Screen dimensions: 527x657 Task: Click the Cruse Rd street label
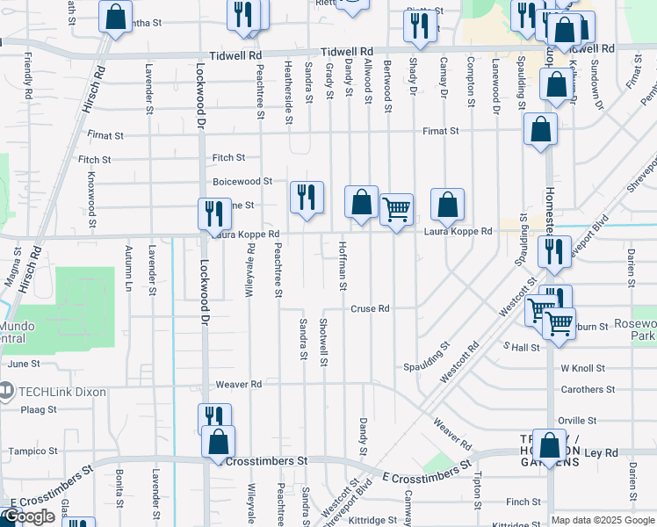coord(370,309)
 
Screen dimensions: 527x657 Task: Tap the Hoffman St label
coord(343,267)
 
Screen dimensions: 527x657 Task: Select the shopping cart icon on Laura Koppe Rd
coord(397,210)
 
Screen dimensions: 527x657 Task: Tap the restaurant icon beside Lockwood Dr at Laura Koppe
coord(213,214)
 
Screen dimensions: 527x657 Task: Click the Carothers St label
coord(588,389)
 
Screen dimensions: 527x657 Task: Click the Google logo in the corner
coord(28,517)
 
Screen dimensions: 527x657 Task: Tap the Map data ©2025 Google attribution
coord(603,520)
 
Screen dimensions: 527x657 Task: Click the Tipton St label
coord(477,488)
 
